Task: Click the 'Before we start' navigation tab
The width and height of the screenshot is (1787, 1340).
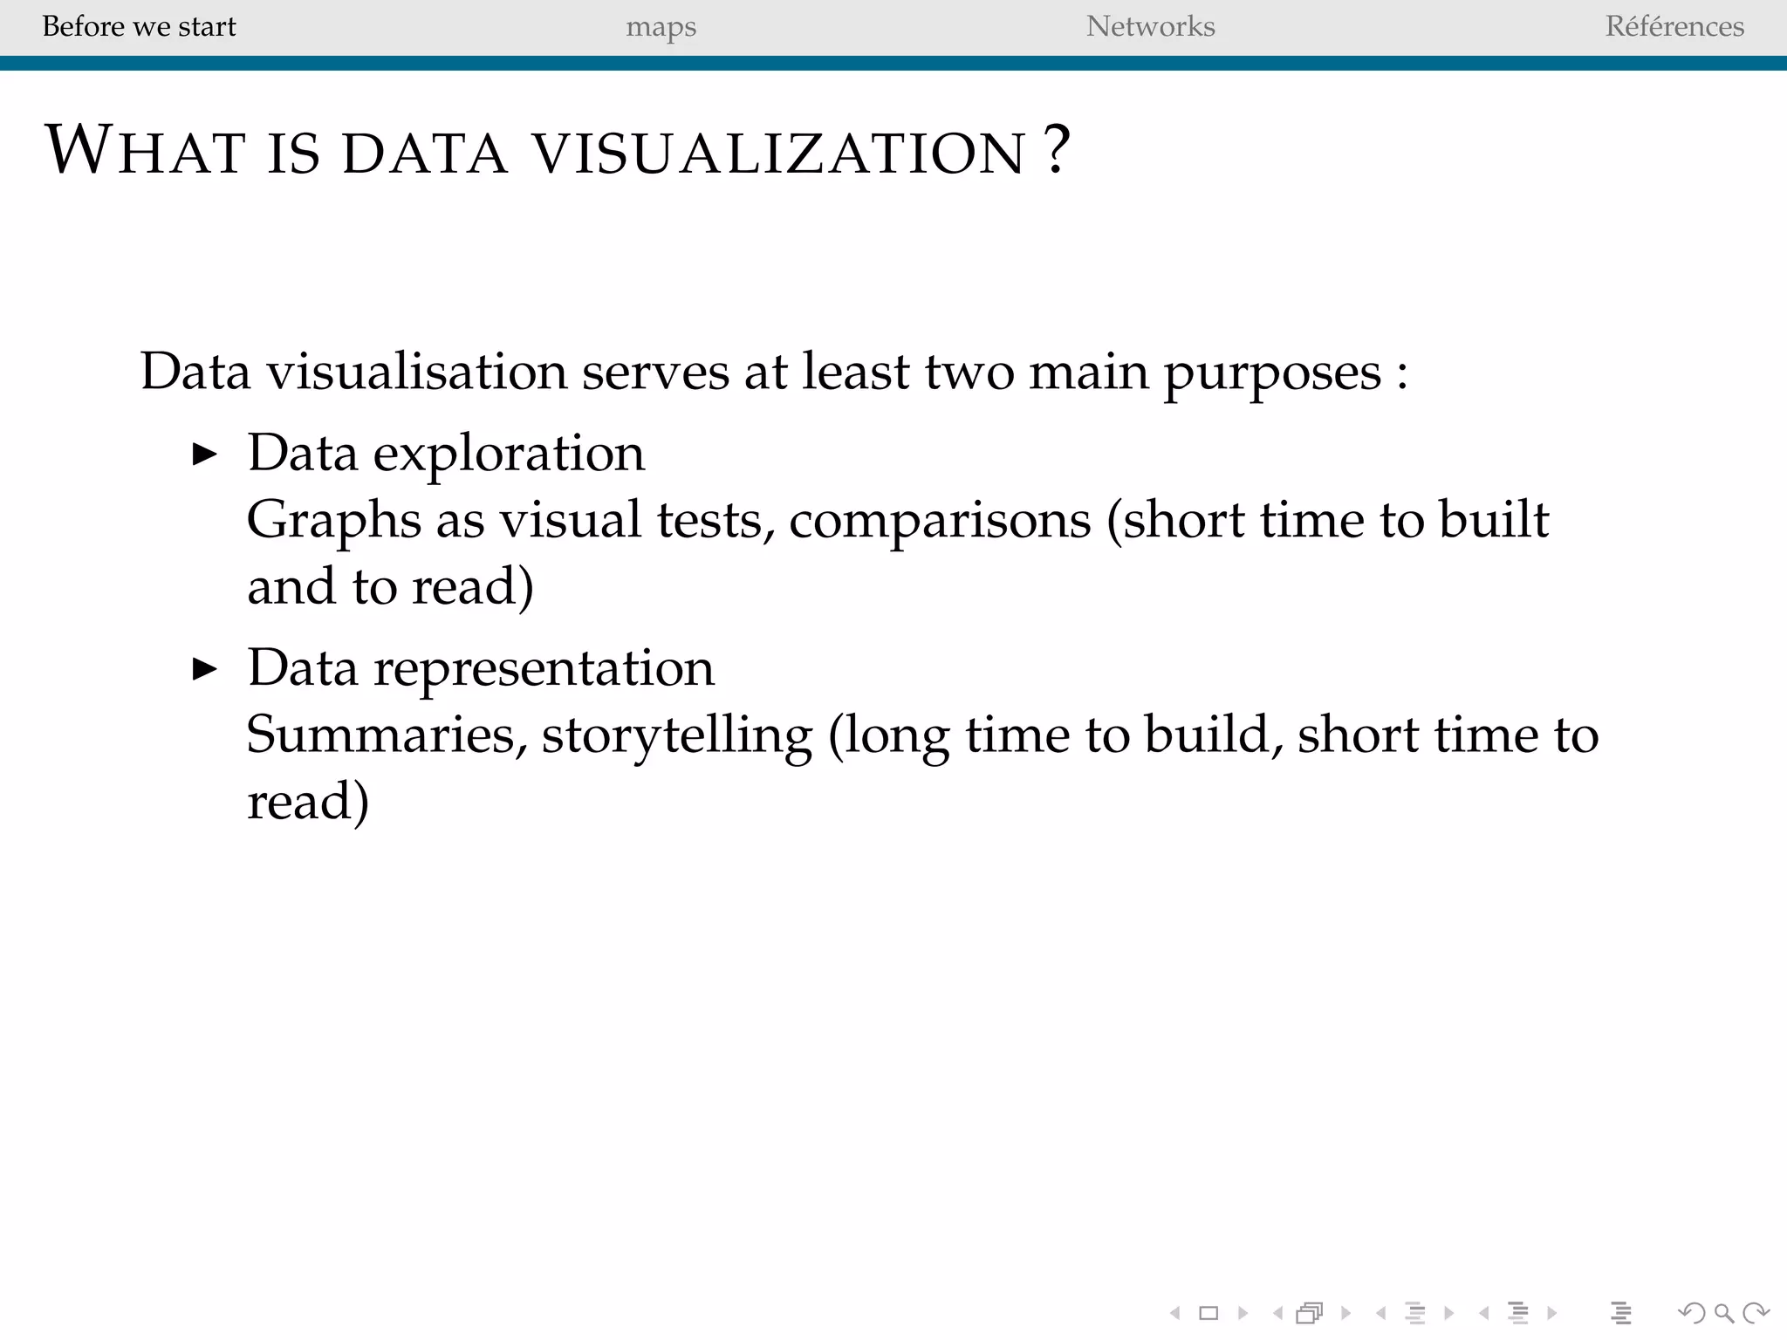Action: click(139, 26)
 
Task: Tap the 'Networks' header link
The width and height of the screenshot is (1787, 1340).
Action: click(1150, 26)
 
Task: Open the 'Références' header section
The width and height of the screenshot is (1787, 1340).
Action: click(1674, 26)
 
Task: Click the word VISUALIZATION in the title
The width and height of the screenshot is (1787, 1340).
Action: click(779, 153)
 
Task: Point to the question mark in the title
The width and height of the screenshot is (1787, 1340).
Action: click(1057, 150)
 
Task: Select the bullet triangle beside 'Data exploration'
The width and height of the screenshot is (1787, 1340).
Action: click(204, 455)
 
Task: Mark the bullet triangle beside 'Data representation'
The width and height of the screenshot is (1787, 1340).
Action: click(204, 669)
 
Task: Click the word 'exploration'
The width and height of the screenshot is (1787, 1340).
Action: click(509, 454)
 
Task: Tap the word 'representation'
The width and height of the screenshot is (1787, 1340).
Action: click(544, 668)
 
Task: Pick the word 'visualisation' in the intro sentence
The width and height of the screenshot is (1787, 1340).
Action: click(417, 372)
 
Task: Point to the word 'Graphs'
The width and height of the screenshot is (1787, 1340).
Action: click(322, 521)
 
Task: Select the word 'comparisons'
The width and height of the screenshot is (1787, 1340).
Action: click(940, 521)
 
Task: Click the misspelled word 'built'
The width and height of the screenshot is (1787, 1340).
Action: click(1493, 519)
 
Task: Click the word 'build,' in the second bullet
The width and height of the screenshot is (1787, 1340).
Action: click(1214, 735)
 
